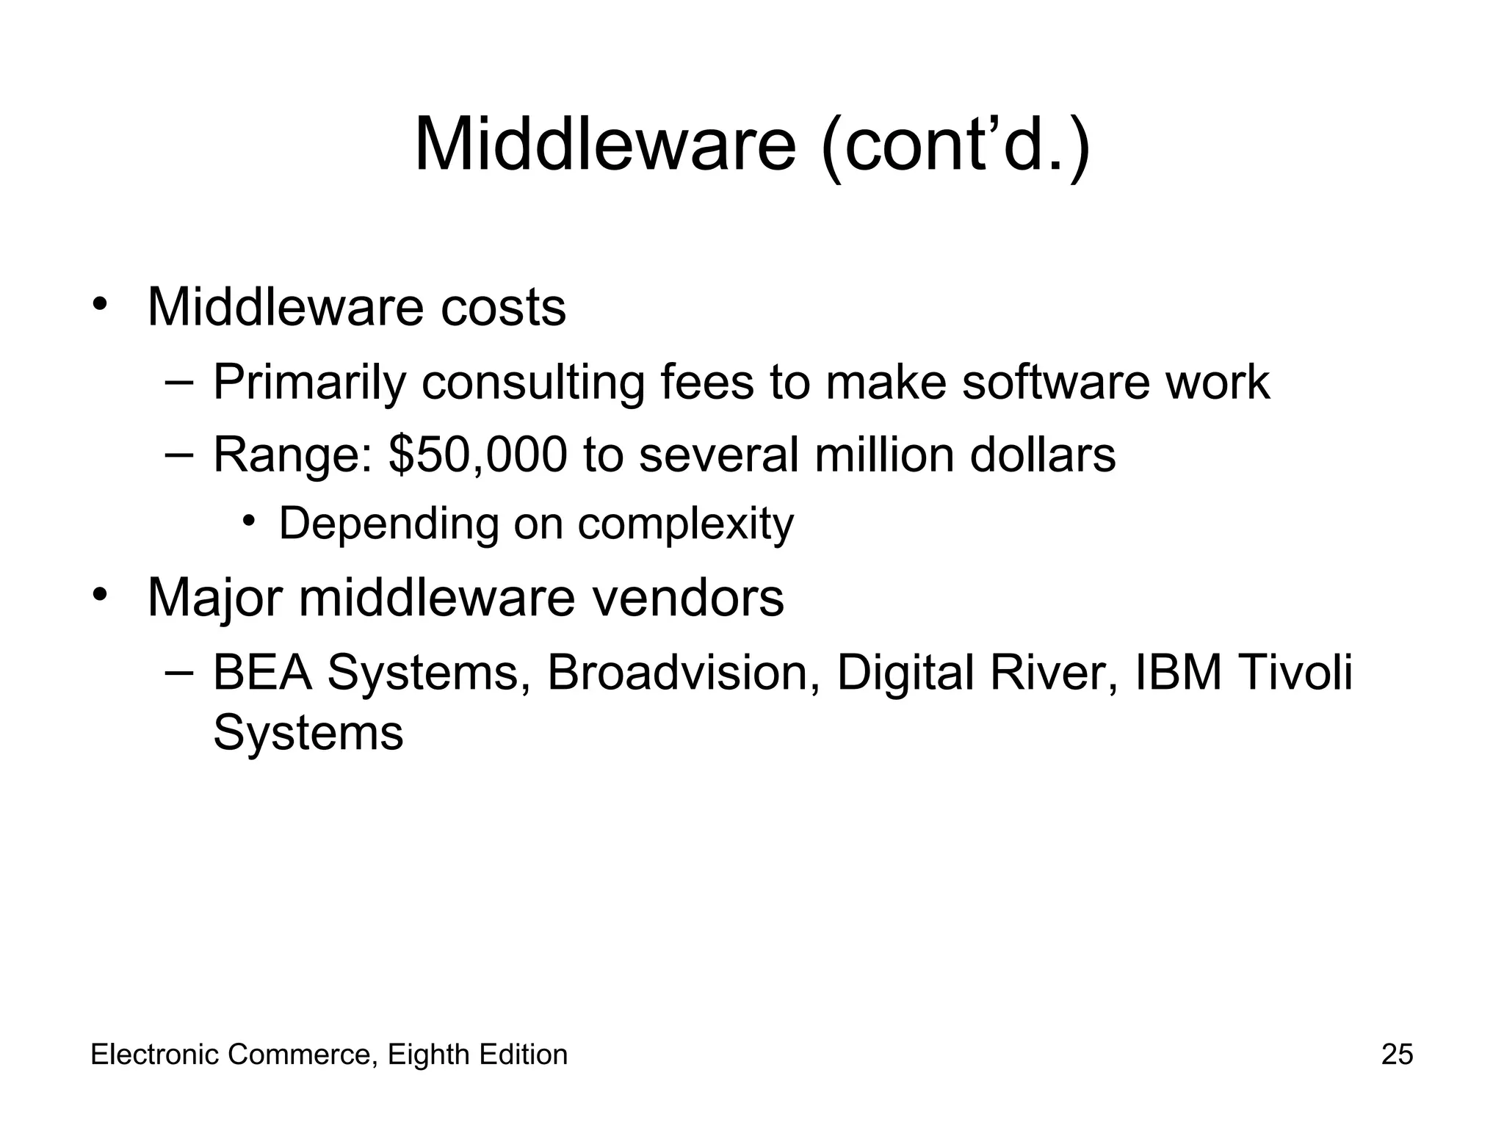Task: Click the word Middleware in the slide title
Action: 604,145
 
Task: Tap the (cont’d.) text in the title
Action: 955,147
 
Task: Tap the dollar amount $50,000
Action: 478,455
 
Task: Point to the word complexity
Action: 685,524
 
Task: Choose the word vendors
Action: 688,598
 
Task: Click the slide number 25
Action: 1397,1055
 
